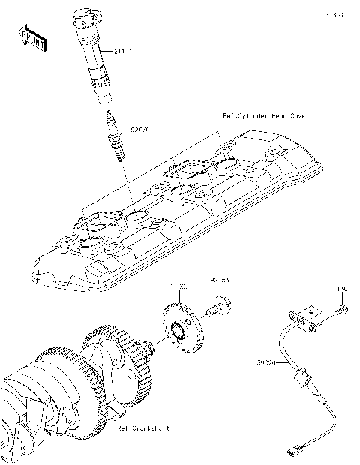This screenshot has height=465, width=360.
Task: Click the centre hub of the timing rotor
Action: pyautogui.click(x=181, y=330)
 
